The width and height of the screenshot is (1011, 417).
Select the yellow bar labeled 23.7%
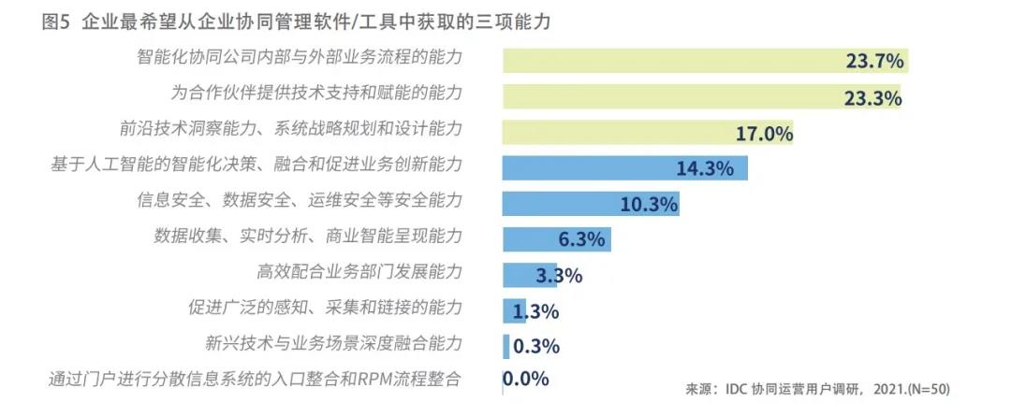[702, 61]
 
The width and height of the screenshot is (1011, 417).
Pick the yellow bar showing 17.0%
[646, 132]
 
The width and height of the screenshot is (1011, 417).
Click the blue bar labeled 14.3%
[623, 168]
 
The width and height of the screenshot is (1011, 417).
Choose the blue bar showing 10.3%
[590, 204]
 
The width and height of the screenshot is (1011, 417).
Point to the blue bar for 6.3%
[556, 239]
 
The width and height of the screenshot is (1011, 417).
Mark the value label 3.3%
[560, 275]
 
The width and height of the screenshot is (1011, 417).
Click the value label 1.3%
[536, 311]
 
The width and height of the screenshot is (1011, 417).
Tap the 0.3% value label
[537, 346]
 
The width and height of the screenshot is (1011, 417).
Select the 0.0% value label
[526, 380]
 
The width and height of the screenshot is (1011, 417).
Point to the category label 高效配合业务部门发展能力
[359, 273]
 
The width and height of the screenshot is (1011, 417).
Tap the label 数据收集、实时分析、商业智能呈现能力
[308, 236]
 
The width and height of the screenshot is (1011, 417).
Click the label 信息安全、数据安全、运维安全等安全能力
[300, 200]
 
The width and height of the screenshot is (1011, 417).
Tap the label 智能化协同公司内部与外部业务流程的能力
[300, 58]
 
